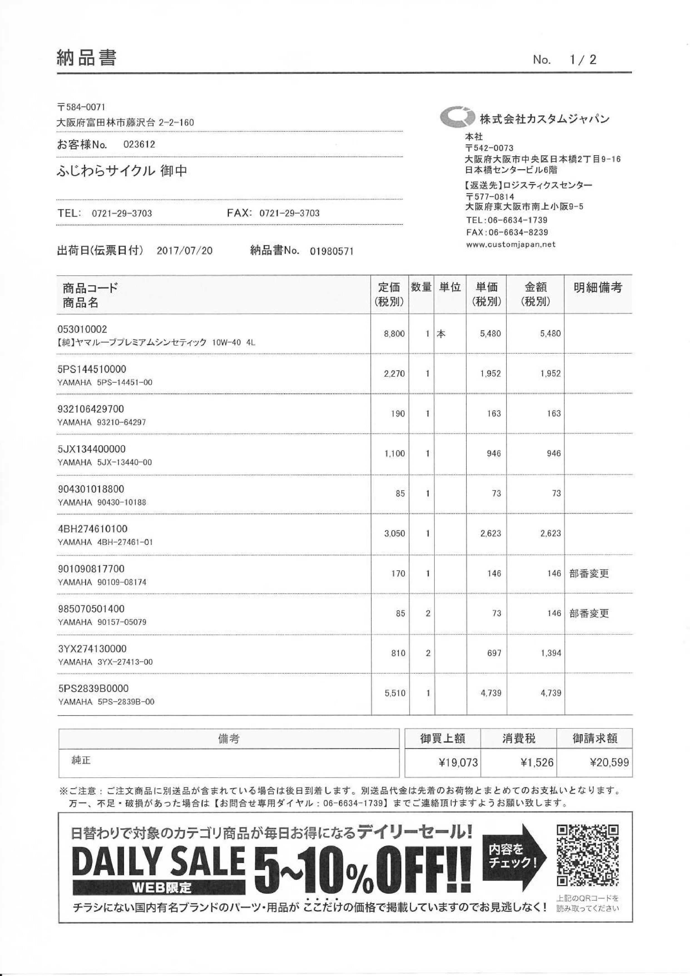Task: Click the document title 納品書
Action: [x=86, y=57]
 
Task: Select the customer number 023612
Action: [x=139, y=144]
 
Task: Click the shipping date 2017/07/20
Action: [x=184, y=251]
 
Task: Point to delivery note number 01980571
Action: [x=332, y=251]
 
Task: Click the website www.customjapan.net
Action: [x=511, y=245]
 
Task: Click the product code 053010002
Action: [x=82, y=329]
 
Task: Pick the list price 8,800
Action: [x=394, y=334]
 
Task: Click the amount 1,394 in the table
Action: [x=551, y=653]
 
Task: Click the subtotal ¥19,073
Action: [x=458, y=762]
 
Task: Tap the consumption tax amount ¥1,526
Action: [x=536, y=762]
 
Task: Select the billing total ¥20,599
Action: [x=609, y=762]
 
